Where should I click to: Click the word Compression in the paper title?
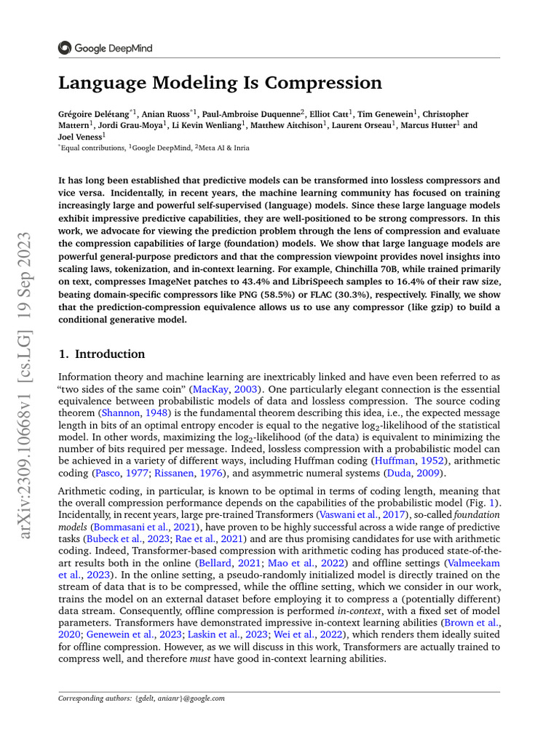(321, 83)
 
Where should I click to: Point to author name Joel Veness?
(80, 136)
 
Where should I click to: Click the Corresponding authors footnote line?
(141, 698)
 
